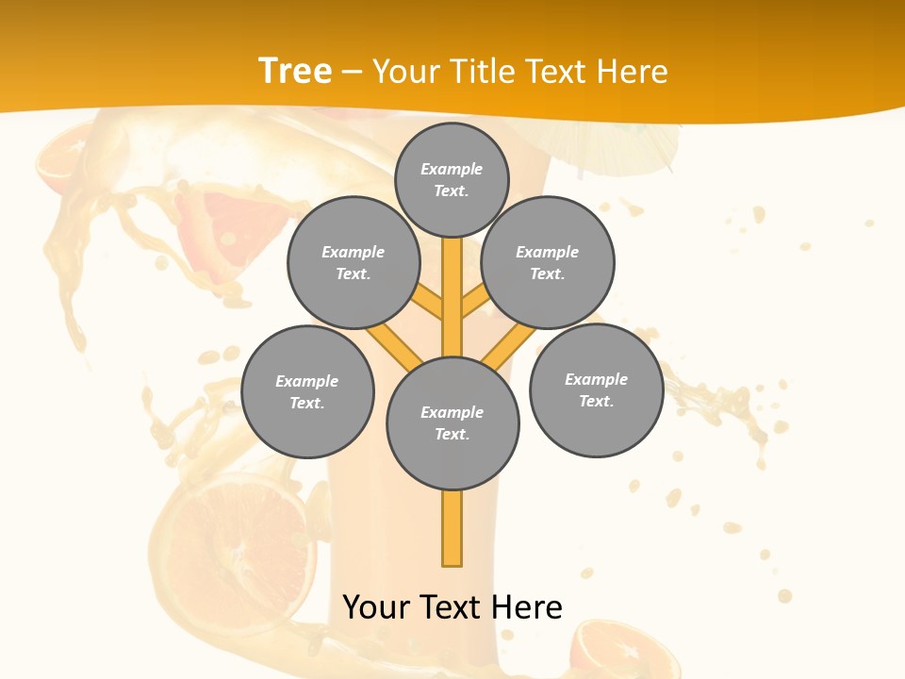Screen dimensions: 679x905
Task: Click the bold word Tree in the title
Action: pyautogui.click(x=295, y=71)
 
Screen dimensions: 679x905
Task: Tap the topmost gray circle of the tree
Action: pyautogui.click(x=452, y=179)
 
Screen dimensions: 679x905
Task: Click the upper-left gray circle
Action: pyautogui.click(x=354, y=262)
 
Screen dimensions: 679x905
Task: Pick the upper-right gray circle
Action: pyautogui.click(x=548, y=262)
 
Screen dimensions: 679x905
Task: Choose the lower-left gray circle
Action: pyautogui.click(x=307, y=391)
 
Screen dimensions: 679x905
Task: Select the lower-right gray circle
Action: pyautogui.click(x=596, y=389)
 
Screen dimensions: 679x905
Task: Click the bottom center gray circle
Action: pyautogui.click(x=452, y=423)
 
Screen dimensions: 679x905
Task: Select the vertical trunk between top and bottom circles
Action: pyautogui.click(x=452, y=297)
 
